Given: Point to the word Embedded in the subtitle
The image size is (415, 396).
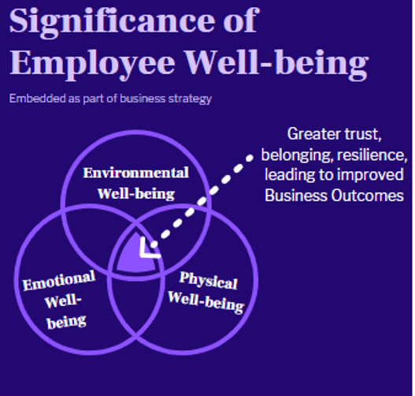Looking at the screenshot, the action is (x=38, y=99).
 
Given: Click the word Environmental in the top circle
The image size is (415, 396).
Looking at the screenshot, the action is (x=136, y=173).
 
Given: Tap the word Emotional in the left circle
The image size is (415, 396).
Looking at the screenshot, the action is (x=59, y=281).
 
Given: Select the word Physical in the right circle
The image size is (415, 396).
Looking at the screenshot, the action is (x=209, y=280).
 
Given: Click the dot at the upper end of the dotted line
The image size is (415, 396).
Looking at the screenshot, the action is (x=250, y=159).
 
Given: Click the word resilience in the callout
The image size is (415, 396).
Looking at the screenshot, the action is (x=372, y=155).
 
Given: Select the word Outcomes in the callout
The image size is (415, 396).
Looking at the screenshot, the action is (x=368, y=196).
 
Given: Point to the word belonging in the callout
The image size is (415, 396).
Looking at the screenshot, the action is (x=297, y=155).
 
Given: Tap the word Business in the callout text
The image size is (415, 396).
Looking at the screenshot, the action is (x=296, y=196).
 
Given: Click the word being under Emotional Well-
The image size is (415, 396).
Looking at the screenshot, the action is (x=67, y=322).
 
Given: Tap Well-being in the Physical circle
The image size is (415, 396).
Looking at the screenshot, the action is (x=206, y=302).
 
